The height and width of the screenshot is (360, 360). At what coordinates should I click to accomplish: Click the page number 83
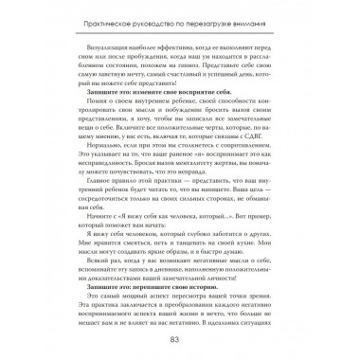(x=180, y=339)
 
